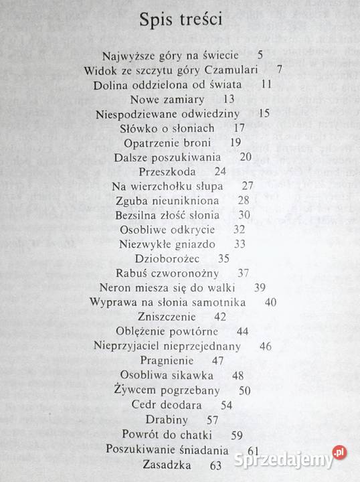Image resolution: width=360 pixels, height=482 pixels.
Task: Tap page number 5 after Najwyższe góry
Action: pos(260,56)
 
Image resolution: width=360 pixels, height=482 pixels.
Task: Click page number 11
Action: pos(266,84)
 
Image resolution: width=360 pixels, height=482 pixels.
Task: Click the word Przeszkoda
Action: pos(166,171)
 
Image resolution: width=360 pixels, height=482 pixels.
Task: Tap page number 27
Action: pos(249,185)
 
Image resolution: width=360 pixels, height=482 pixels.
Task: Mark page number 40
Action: pos(270,302)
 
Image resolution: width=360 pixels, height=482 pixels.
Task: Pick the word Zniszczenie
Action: pos(167,317)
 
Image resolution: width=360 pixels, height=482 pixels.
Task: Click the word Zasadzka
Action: pos(167,464)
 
